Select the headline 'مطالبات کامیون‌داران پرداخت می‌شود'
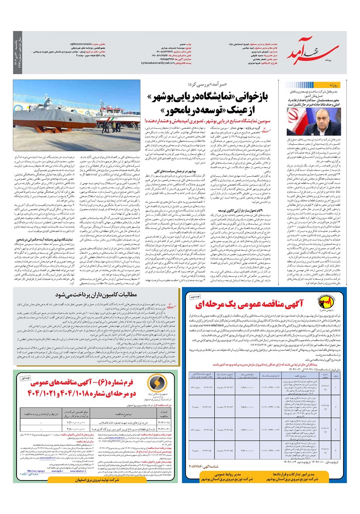coord(96,295)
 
